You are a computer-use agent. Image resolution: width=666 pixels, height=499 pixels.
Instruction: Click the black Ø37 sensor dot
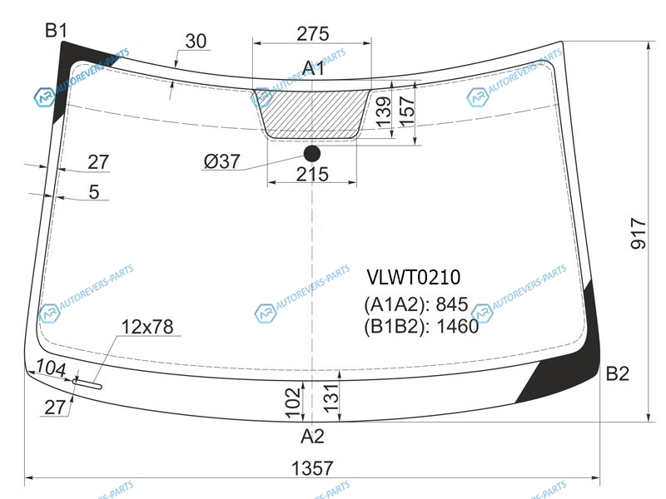coord(312,154)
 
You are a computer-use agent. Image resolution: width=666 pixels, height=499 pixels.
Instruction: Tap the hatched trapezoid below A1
coord(312,114)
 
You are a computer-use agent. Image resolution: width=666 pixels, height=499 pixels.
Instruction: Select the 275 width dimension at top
coord(313,33)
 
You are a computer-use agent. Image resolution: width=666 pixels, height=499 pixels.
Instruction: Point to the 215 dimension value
coord(312,174)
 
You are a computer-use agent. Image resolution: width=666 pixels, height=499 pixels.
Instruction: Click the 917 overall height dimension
coord(639,234)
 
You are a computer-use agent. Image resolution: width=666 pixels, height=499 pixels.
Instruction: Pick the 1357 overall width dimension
coord(312,468)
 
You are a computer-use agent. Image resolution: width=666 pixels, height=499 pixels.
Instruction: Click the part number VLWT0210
coord(413,278)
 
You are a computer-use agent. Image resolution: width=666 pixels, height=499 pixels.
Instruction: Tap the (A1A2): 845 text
coord(415,304)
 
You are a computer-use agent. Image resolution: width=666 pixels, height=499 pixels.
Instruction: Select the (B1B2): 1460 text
coord(421,326)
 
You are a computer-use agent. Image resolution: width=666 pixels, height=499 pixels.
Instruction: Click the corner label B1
coord(56,31)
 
